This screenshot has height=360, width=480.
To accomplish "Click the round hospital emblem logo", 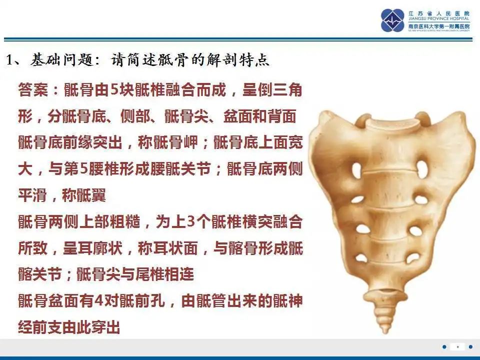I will tap(392, 20).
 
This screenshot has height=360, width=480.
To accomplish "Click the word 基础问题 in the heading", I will tap(61, 60).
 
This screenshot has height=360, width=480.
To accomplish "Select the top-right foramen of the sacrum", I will tap(422, 169).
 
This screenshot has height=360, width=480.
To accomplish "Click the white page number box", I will tap(457, 346).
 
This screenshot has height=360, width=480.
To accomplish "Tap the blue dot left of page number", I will tap(444, 346).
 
